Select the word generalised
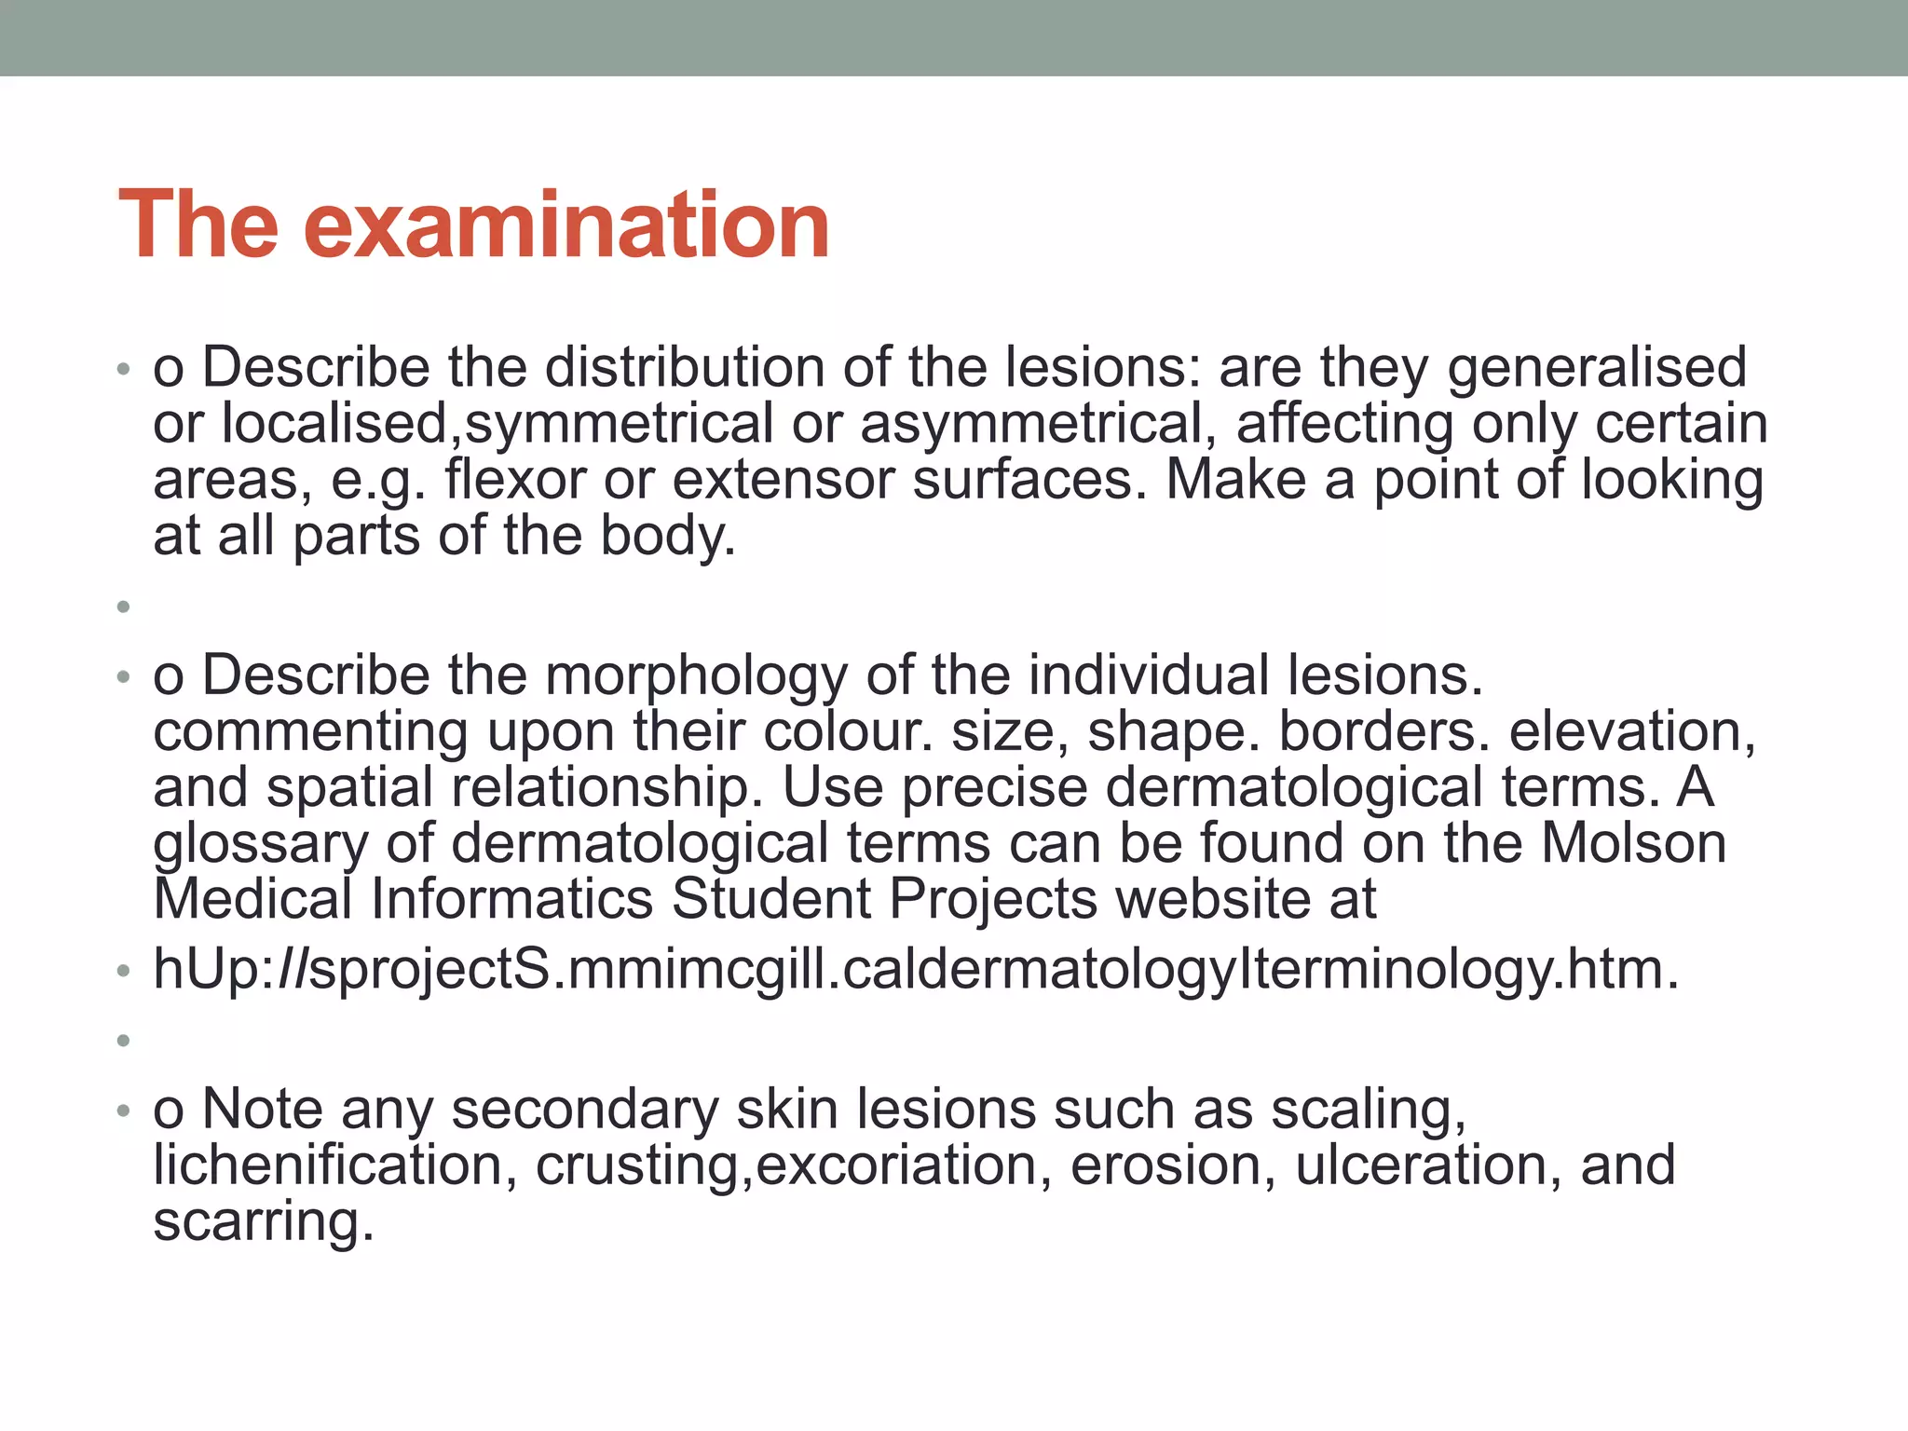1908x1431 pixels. [x=1597, y=367]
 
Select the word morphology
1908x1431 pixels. [x=696, y=675]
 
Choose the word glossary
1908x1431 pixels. [x=260, y=844]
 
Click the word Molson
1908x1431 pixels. [x=1633, y=843]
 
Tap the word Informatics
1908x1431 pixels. [x=511, y=899]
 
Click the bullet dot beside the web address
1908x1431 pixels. [x=123, y=972]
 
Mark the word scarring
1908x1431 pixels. [x=263, y=1221]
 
